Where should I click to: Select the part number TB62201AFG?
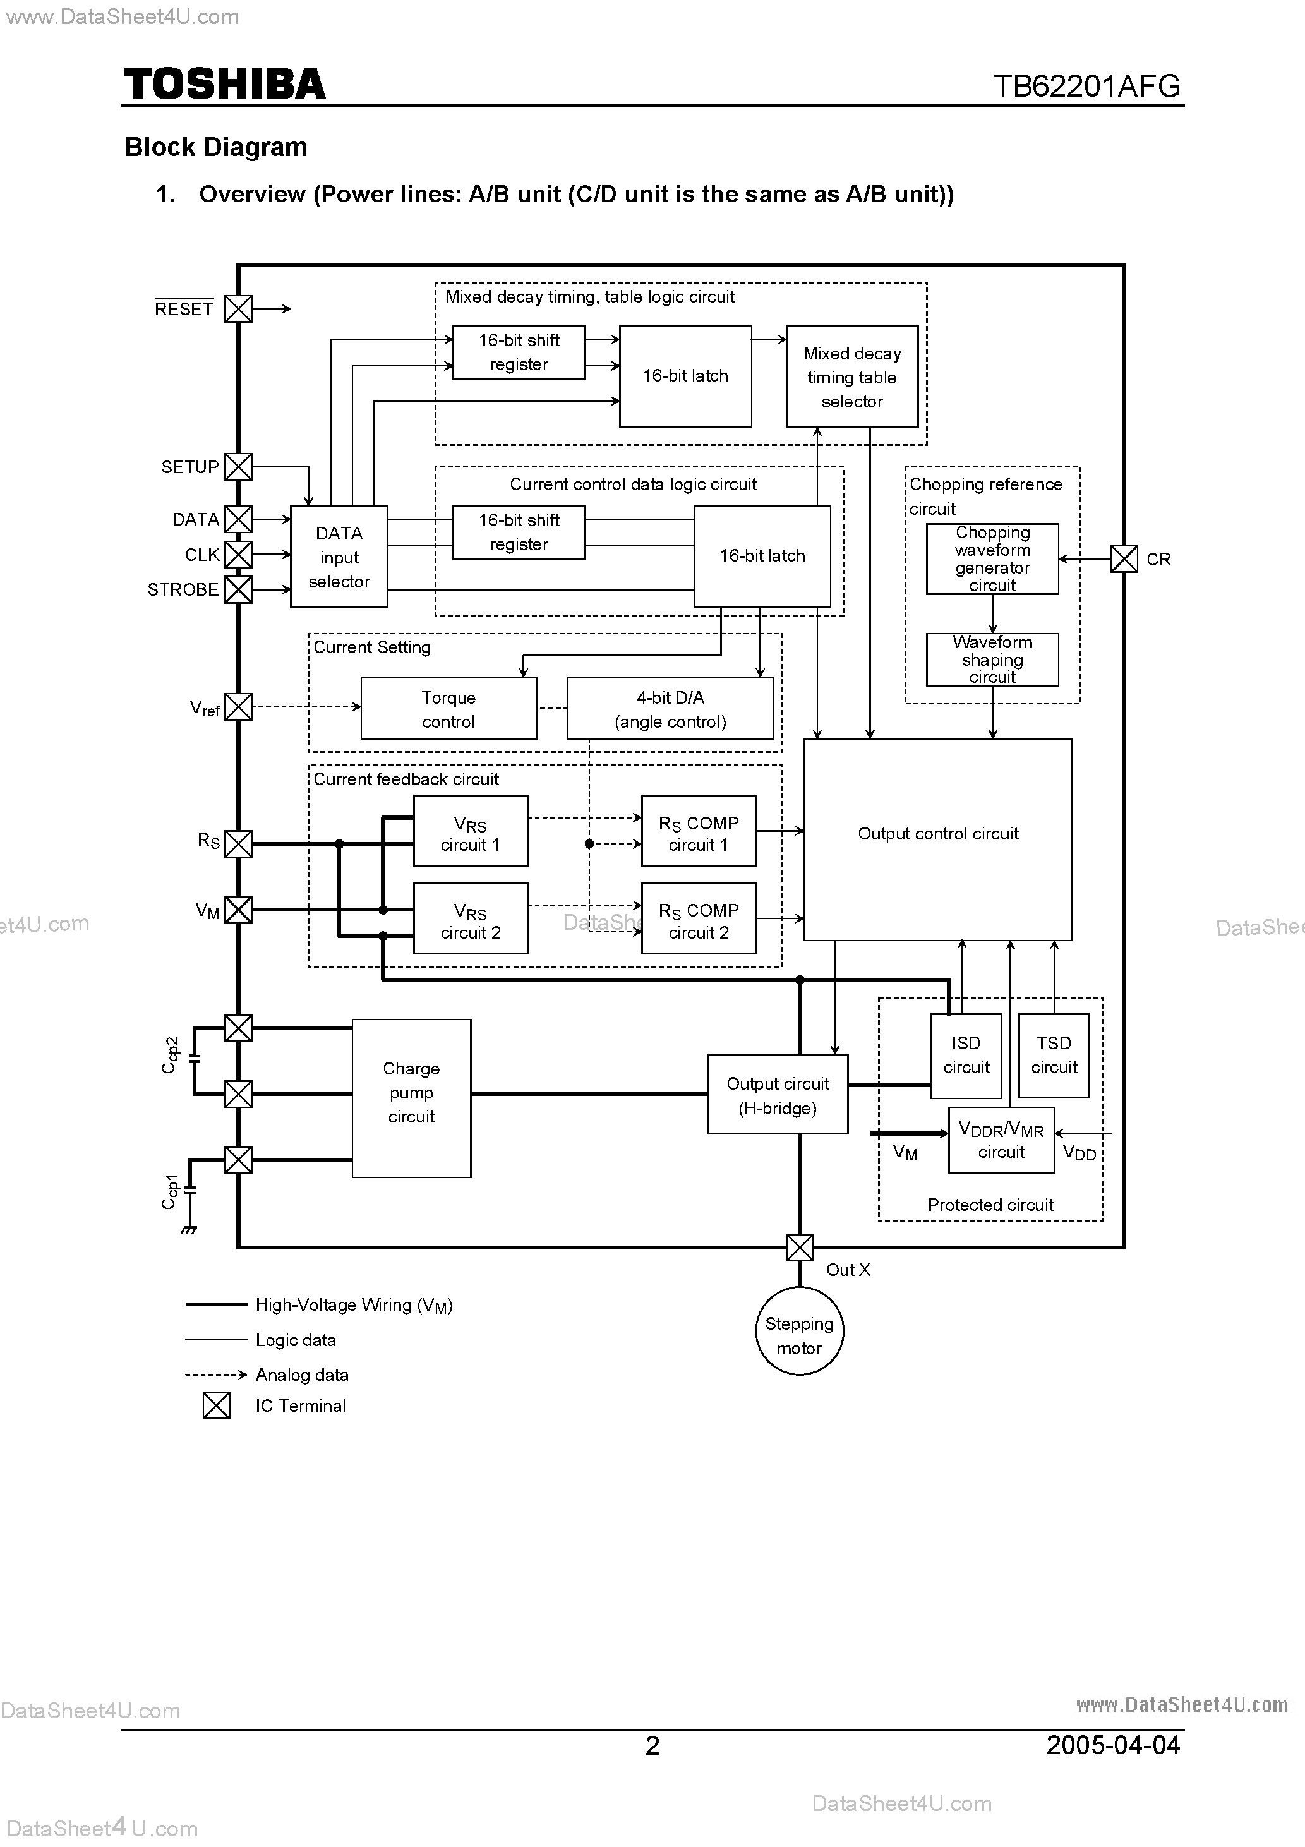pos(1086,86)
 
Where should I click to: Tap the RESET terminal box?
pos(238,309)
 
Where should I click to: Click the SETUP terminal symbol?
pos(238,467)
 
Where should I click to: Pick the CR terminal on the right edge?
pos(1124,559)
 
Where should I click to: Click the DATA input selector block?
pos(339,557)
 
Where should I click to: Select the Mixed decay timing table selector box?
pos(851,376)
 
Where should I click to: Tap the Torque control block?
pos(448,709)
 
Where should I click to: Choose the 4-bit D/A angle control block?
pos(670,709)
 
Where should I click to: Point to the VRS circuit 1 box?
pos(471,832)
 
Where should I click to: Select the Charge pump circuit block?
pos(411,1098)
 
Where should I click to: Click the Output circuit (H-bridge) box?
pos(777,1095)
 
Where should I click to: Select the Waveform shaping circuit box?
pos(992,659)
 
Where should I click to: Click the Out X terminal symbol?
pos(799,1248)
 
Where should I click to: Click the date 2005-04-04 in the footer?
pos(1113,1745)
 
